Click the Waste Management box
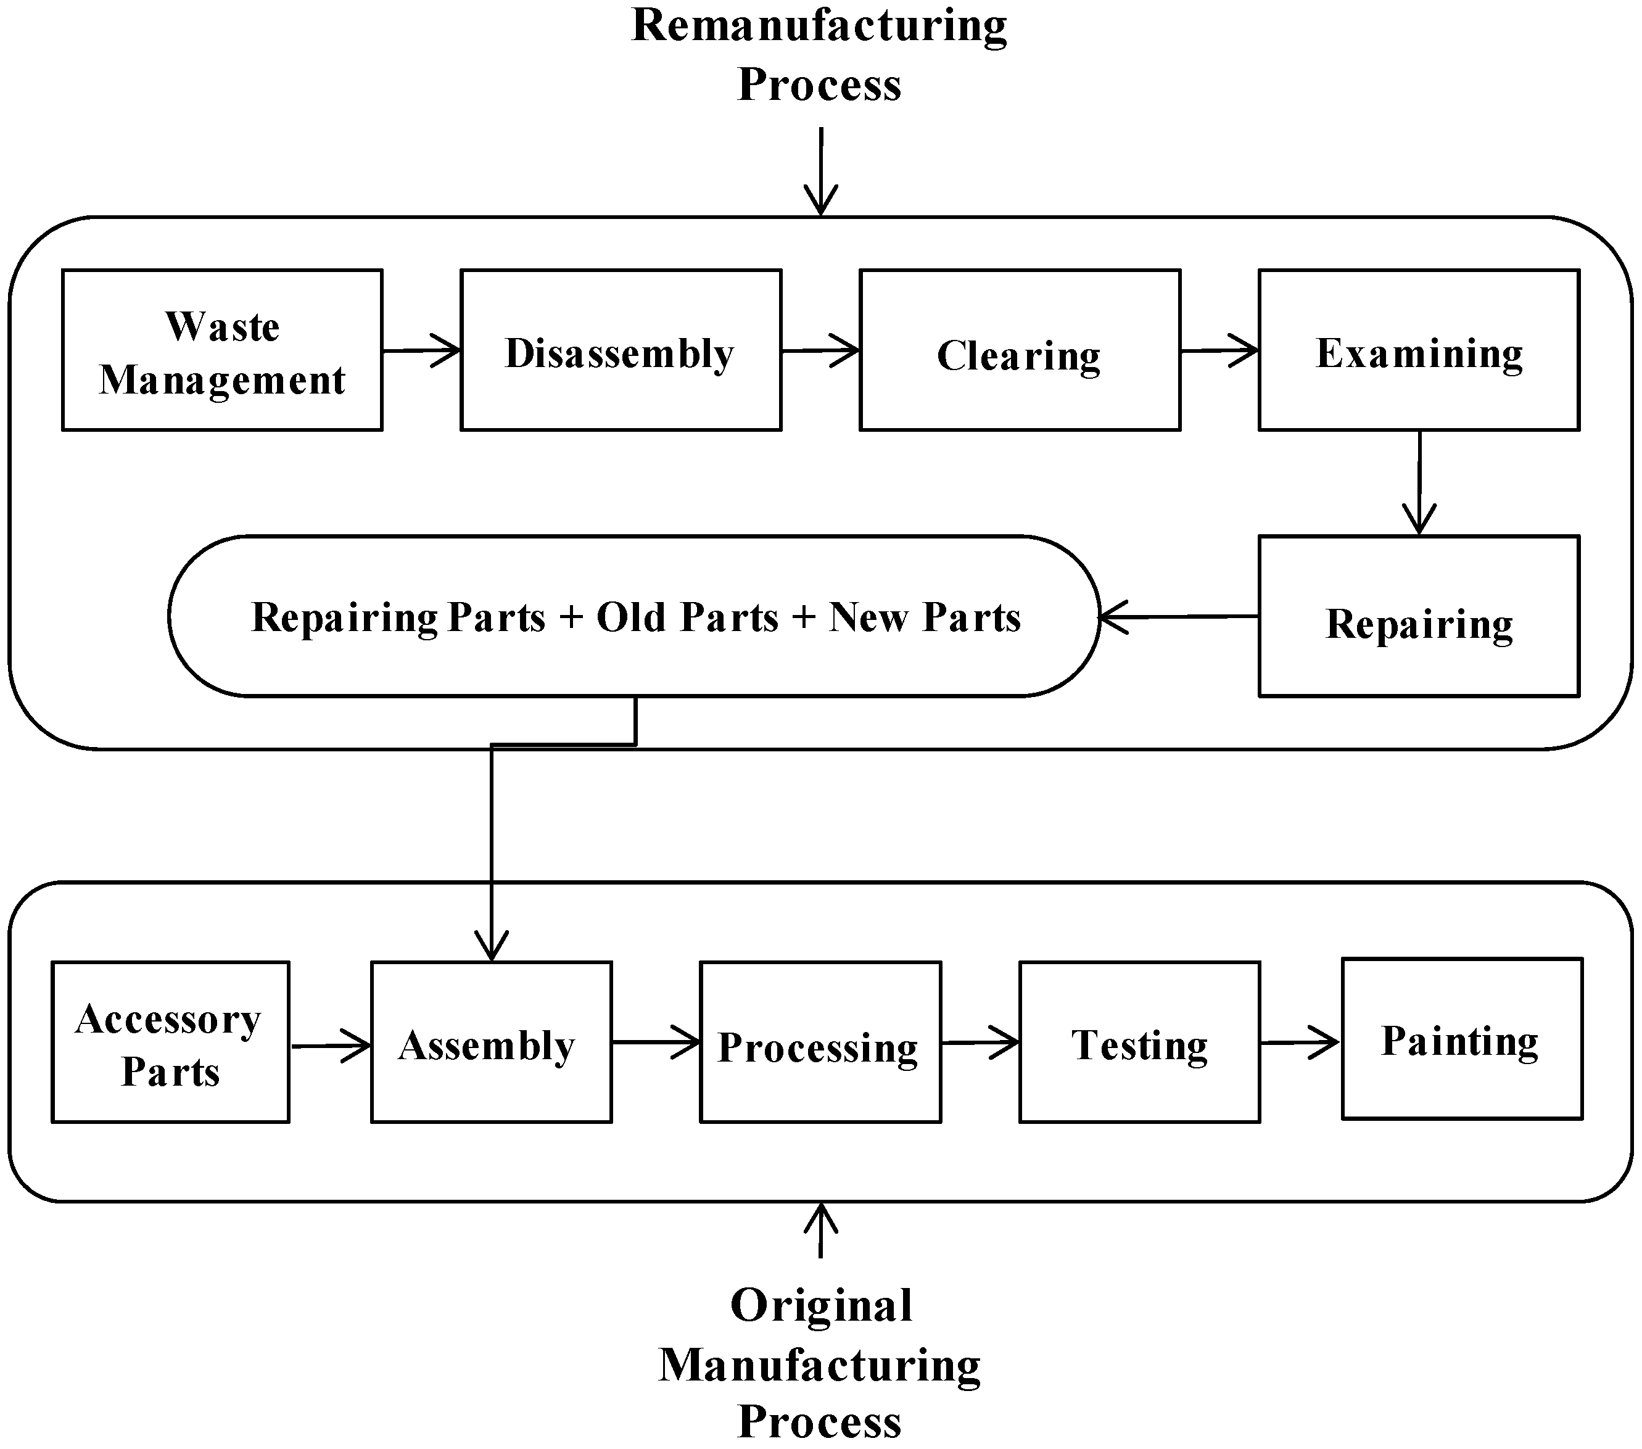click(x=221, y=350)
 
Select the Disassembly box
click(x=620, y=350)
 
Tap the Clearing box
click(x=1020, y=350)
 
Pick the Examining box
click(x=1419, y=350)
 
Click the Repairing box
click(x=1419, y=616)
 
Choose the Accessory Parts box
click(x=170, y=1042)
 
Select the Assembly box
click(x=491, y=1042)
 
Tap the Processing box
click(x=820, y=1042)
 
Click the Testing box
click(x=1139, y=1042)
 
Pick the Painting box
click(x=1462, y=1039)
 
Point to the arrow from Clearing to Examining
click(x=1219, y=350)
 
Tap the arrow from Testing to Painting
click(x=1300, y=1042)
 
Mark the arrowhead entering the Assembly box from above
click(x=492, y=946)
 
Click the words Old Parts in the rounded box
click(x=688, y=617)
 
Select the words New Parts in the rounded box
click(x=925, y=617)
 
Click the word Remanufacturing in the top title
click(x=819, y=26)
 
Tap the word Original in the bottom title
click(x=821, y=1305)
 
